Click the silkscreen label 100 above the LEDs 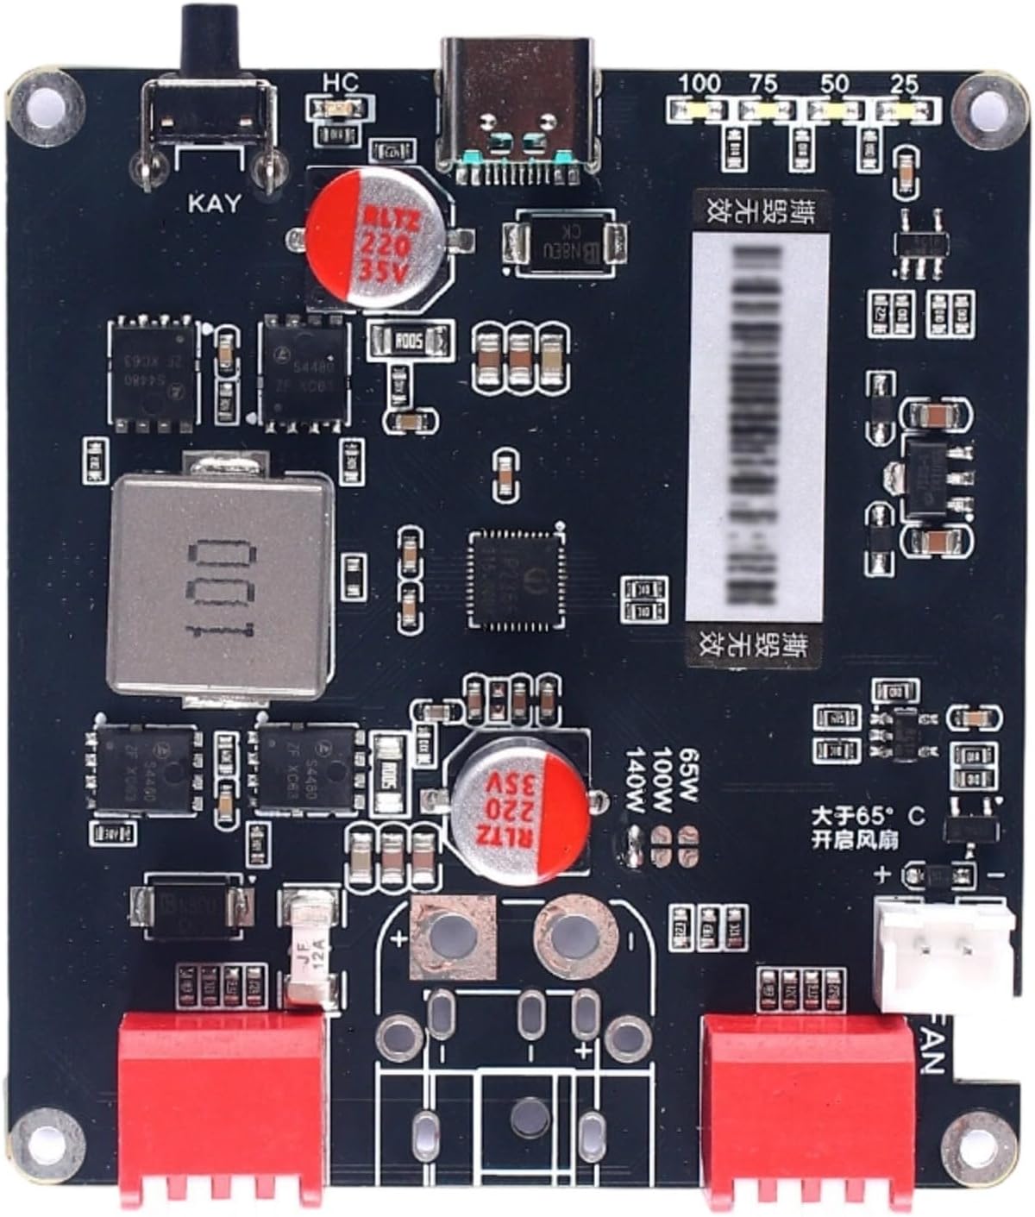click(699, 85)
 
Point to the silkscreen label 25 click(903, 85)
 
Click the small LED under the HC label click(340, 109)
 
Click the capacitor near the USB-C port click(379, 237)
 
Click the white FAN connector click(943, 953)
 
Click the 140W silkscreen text click(637, 781)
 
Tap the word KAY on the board click(215, 204)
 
